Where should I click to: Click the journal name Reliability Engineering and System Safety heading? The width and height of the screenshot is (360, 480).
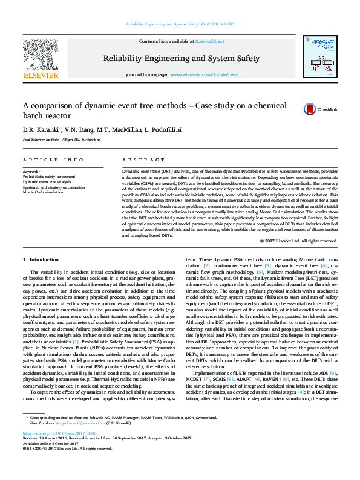pos(182,59)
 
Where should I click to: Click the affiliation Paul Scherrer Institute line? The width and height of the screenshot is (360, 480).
pos(53,139)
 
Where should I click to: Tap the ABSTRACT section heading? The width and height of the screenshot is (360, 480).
pos(139,160)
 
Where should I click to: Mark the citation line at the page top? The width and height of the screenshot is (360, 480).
pos(180,24)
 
